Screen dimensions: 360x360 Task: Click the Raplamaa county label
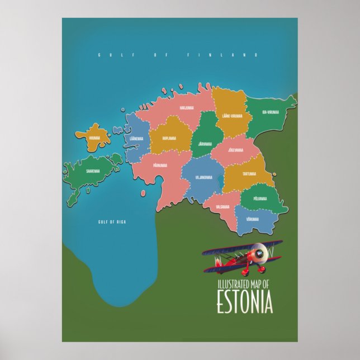click(169, 138)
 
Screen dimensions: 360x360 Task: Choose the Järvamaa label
click(205, 144)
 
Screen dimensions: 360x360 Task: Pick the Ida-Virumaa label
click(270, 112)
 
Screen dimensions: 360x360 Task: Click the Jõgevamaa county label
click(235, 150)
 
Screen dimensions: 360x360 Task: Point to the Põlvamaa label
click(260, 198)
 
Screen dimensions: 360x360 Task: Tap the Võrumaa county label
click(252, 219)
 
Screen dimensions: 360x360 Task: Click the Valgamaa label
click(222, 206)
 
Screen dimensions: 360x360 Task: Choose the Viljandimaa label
click(203, 178)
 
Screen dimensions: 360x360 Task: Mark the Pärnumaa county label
click(160, 165)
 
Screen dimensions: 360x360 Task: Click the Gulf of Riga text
click(112, 222)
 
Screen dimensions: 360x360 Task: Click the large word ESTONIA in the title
click(244, 302)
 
